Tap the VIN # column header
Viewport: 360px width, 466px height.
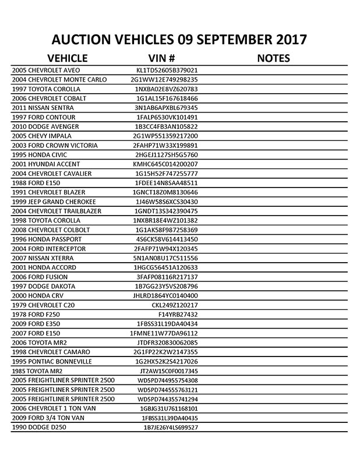point(163,58)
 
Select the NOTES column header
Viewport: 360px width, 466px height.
point(273,58)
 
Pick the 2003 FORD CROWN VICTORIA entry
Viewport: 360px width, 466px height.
point(55,145)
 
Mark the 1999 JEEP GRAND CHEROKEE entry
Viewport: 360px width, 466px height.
point(56,202)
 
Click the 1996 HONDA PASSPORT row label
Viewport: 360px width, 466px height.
point(47,239)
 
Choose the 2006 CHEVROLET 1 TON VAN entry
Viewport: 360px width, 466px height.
point(53,408)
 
